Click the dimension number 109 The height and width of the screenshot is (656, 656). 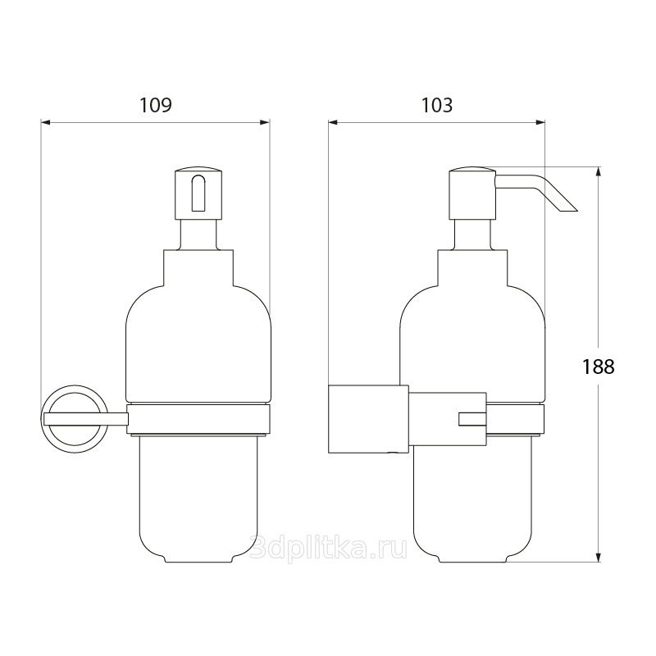point(155,106)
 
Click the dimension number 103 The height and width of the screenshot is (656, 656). point(436,106)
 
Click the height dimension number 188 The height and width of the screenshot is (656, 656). point(599,367)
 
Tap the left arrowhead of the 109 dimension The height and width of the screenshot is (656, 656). point(46,122)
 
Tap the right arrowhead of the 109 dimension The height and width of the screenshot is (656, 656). point(265,122)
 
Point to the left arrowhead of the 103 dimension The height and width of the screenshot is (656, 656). point(333,122)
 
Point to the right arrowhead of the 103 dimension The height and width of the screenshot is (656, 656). point(540,122)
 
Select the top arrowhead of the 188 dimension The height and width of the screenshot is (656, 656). point(599,171)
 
